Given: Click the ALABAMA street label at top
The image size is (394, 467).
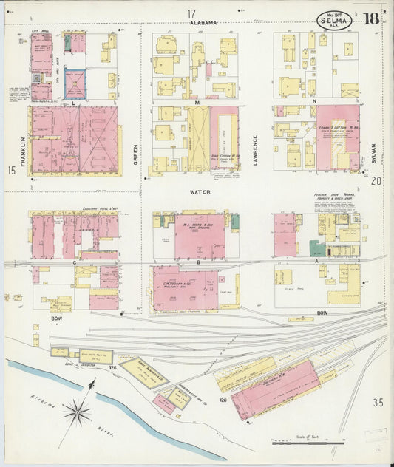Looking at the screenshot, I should coord(203,23).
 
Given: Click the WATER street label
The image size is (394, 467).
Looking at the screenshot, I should coord(200,192).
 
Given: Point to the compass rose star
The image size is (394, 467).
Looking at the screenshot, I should coord(78,411).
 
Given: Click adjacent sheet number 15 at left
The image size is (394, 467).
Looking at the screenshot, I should coord(12,171).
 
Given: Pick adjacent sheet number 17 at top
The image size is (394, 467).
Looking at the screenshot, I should coord(191,13).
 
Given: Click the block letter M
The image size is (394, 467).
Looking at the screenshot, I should coord(197,101).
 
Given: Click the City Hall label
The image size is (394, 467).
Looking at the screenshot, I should coord(40,31).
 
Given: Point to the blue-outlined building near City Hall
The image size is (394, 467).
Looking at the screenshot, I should coord(75,83).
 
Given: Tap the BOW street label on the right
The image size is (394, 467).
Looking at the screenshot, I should coord(322,313).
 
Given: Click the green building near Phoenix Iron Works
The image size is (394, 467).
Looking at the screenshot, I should coord(317,249).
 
